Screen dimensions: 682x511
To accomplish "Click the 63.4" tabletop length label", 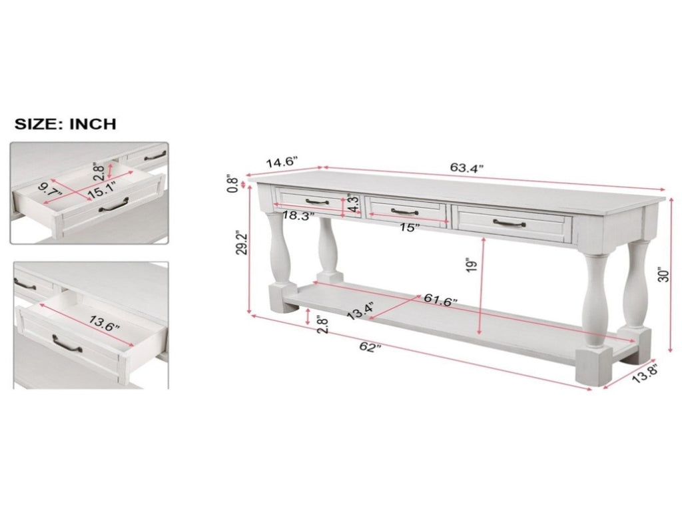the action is point(467,167).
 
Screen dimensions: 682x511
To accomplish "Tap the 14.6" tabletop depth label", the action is point(282,163).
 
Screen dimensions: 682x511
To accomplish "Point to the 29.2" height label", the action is point(242,243).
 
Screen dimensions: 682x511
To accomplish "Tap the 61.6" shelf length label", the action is point(441,301).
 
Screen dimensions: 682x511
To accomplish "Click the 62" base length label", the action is point(370,347).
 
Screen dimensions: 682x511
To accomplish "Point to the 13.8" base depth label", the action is point(644,374).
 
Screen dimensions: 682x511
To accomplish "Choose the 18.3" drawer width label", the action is point(298,215).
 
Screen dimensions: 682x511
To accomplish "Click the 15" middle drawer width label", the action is point(410,227).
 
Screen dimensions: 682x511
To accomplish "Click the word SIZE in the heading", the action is point(37,123).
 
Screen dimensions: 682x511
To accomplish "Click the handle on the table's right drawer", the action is point(510,223).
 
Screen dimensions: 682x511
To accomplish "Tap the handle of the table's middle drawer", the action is point(404,212).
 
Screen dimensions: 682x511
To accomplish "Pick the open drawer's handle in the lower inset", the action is point(67,344).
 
